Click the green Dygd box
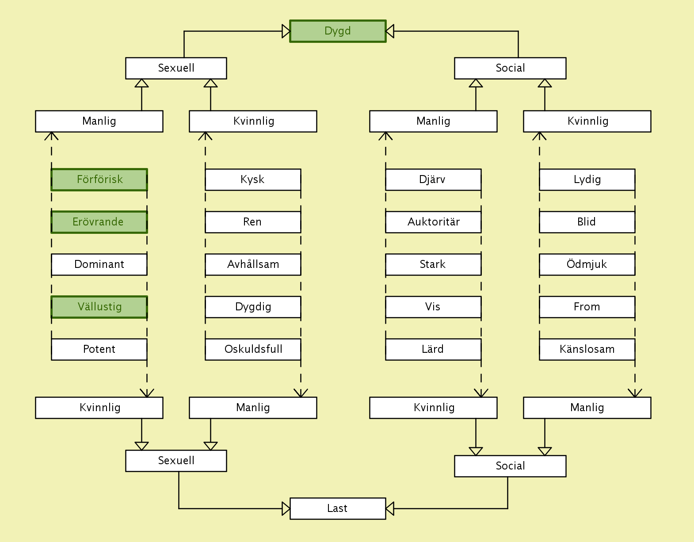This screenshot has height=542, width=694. [338, 31]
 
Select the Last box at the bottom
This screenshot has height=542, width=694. [338, 508]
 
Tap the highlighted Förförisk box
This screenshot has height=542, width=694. [99, 179]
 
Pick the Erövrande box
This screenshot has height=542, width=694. [99, 222]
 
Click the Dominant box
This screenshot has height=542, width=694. [99, 264]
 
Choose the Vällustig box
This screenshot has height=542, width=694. [99, 307]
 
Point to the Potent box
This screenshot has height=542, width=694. [99, 349]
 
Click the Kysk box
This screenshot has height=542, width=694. [253, 179]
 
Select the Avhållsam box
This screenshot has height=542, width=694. [253, 264]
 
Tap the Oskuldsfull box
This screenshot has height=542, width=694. [253, 349]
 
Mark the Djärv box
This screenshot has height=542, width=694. [433, 179]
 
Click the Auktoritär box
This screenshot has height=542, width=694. [433, 222]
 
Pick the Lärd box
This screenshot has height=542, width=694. [433, 349]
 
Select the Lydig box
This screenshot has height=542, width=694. [587, 179]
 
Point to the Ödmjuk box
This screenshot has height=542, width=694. [587, 264]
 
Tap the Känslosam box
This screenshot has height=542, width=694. [587, 349]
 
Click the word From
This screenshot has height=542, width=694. [587, 307]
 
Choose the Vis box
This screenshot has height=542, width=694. [433, 307]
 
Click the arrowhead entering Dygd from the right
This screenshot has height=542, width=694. [390, 31]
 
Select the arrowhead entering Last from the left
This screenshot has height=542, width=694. [286, 508]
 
